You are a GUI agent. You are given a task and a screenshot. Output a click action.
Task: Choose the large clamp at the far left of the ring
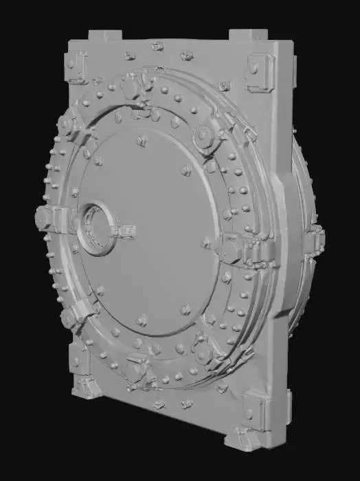click(46, 219)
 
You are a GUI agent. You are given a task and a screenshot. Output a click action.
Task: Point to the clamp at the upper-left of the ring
click(71, 126)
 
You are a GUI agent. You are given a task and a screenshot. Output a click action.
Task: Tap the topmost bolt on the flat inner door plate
click(142, 141)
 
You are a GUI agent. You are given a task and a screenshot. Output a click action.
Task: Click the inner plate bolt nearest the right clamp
click(207, 242)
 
